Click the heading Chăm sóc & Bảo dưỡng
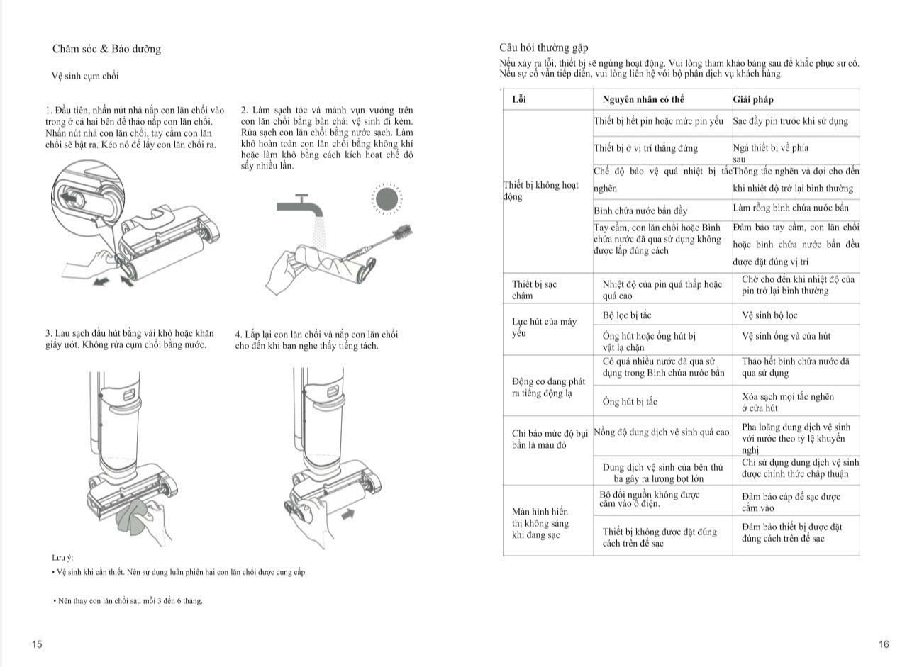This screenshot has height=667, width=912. (x=106, y=49)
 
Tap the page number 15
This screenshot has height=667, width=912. (x=37, y=644)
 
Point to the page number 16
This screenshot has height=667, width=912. (x=883, y=644)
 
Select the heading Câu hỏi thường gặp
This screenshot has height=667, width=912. (x=544, y=47)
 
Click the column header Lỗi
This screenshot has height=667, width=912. (x=519, y=99)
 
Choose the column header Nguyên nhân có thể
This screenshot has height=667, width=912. (x=643, y=99)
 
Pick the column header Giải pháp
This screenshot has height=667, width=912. (x=753, y=99)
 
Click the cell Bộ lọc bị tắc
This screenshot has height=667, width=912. (x=626, y=315)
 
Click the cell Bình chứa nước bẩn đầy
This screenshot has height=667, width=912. (x=640, y=211)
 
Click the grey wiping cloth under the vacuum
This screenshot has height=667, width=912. (x=133, y=517)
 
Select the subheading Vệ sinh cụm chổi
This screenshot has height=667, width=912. (x=85, y=76)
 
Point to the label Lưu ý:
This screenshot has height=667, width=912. (x=62, y=557)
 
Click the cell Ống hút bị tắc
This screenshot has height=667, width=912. (x=630, y=402)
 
